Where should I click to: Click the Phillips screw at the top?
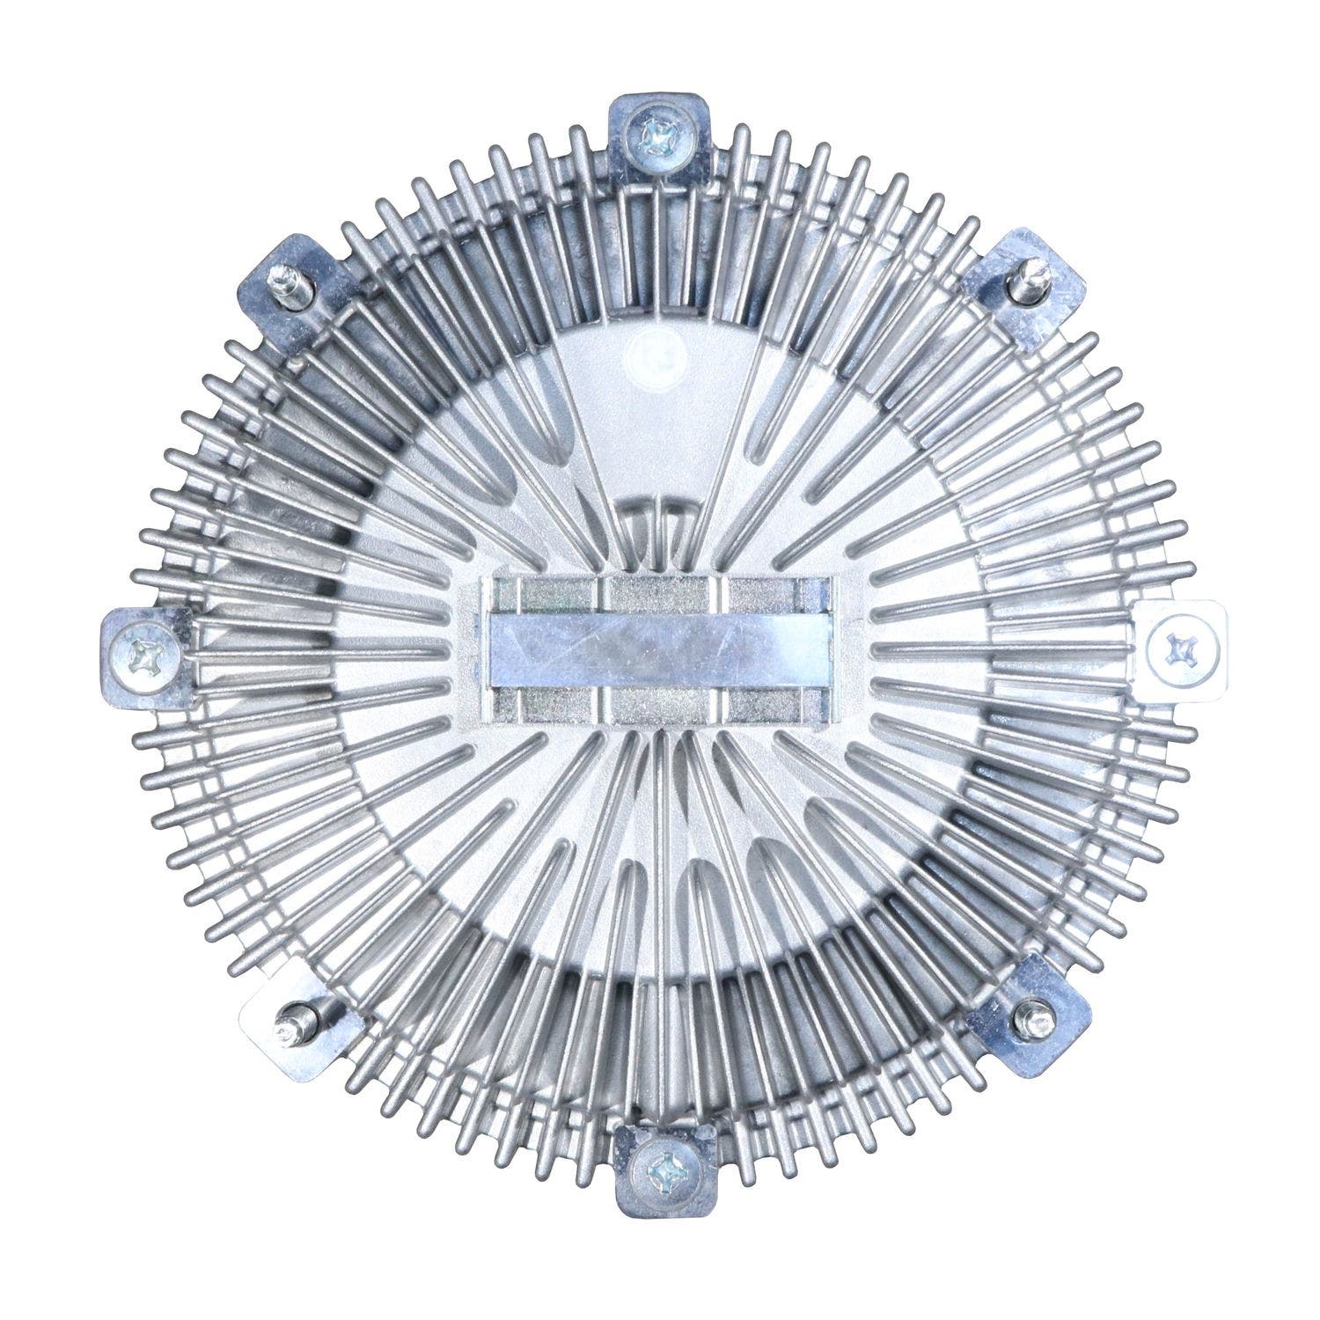[658, 134]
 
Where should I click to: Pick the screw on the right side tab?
[1177, 649]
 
